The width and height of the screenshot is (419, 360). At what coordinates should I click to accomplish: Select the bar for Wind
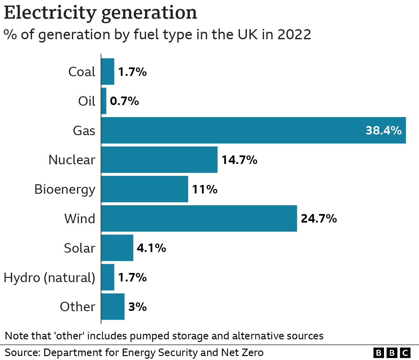(x=199, y=218)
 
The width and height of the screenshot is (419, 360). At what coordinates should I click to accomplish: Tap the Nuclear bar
(x=159, y=160)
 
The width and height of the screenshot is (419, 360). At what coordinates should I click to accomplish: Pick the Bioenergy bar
(x=144, y=189)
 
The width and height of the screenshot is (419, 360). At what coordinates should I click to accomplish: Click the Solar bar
(x=117, y=248)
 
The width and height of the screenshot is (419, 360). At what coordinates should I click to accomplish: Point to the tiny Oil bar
(x=104, y=101)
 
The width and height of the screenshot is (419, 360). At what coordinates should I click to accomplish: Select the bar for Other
(x=113, y=307)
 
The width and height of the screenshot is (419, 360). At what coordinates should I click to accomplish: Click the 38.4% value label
(x=383, y=131)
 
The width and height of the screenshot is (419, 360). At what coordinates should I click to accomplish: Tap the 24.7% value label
(x=319, y=219)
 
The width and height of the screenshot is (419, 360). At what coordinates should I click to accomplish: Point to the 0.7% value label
(x=124, y=101)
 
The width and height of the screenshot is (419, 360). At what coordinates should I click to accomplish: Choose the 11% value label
(x=205, y=189)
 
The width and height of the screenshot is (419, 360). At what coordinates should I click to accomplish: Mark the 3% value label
(x=137, y=307)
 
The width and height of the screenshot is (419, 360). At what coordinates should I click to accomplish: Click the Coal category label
(x=82, y=72)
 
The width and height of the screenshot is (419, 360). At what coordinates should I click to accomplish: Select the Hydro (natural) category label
(x=49, y=278)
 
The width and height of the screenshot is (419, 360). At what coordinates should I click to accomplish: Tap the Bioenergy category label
(x=65, y=189)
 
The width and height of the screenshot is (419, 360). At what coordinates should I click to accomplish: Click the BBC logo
(x=392, y=353)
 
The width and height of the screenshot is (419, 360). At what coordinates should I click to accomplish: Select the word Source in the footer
(x=21, y=352)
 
